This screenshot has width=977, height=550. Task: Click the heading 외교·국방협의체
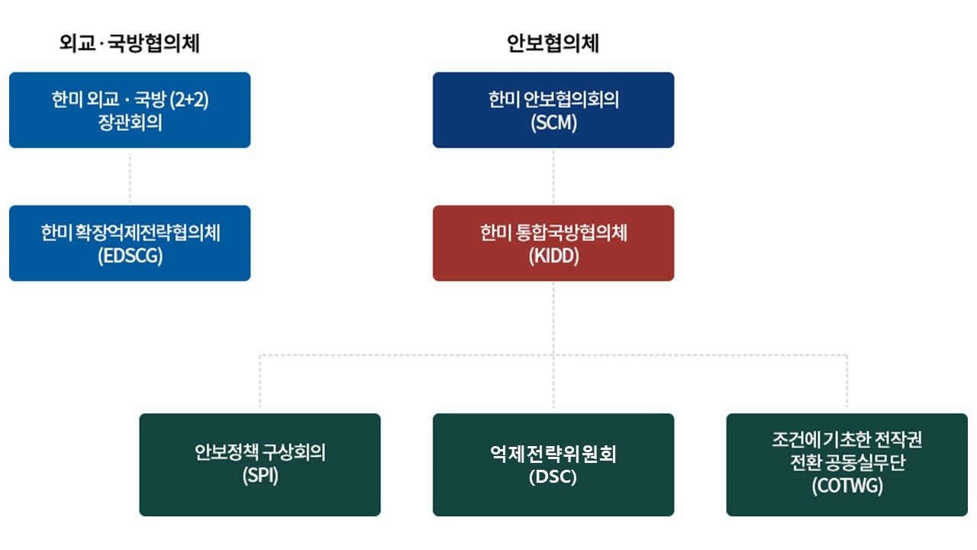pos(130,44)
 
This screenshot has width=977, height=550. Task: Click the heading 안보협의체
pos(553,44)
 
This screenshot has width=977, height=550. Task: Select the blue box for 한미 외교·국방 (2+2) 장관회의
pos(130,110)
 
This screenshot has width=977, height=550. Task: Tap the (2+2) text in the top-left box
pos(189,99)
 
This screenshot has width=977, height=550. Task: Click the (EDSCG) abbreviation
pos(130,256)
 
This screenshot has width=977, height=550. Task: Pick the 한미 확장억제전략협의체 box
pos(130,243)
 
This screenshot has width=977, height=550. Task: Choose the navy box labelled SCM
pos(553,110)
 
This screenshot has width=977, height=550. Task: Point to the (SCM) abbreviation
pos(553,123)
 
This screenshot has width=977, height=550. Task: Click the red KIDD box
pos(553,243)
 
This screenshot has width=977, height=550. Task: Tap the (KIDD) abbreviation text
pos(553,256)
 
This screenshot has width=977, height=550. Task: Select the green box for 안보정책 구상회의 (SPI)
pos(260,465)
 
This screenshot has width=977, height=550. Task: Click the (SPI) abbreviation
pos(260,475)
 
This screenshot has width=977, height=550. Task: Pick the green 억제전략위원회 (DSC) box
pos(553,465)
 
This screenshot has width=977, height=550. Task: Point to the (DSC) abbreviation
pos(553,477)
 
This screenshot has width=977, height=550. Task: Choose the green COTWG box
pos(847,465)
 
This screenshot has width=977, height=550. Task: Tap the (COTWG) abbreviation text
pos(847,486)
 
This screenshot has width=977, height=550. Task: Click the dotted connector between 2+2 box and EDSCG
pos(130,176)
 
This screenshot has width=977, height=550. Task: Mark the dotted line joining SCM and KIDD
pos(553,176)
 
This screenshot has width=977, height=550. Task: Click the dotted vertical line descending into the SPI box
pos(260,381)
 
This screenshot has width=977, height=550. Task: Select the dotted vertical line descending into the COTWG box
pos(847,381)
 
